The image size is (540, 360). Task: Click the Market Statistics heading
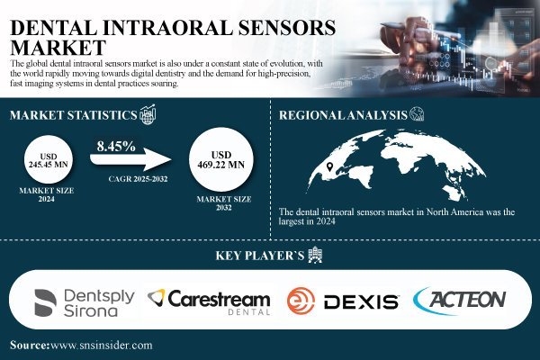[x=72, y=114]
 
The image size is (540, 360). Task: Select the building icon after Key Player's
[x=314, y=256]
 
